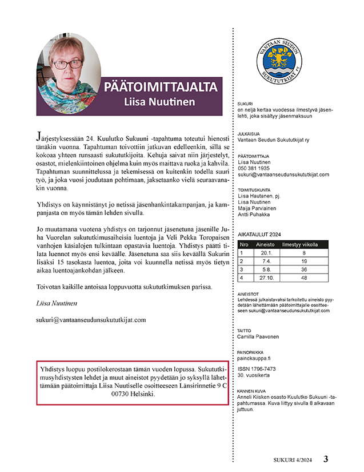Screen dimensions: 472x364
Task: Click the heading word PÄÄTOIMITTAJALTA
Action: [160, 87]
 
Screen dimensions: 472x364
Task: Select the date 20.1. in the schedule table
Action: [265, 252]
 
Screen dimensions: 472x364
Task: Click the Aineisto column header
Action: [265, 244]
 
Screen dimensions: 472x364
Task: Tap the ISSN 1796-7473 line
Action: [257, 369]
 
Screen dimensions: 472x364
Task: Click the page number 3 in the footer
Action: [326, 459]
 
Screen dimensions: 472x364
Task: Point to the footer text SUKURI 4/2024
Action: [292, 459]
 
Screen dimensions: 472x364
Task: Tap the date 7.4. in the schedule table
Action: [265, 261]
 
